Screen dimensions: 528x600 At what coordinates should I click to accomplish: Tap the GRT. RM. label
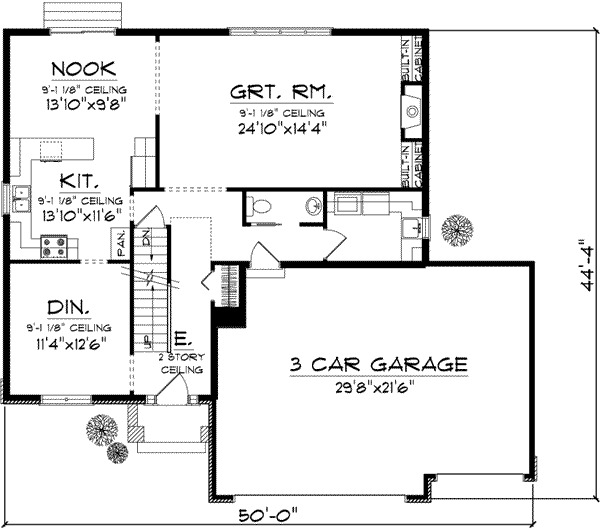pos(282,93)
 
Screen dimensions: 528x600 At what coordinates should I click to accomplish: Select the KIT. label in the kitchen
pos(77,181)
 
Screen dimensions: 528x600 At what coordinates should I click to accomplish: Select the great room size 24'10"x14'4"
pos(283,128)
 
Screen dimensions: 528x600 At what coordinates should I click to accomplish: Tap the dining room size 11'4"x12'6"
pos(68,343)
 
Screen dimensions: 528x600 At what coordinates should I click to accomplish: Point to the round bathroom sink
pos(312,207)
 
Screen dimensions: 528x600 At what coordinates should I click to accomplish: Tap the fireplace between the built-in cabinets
pos(412,112)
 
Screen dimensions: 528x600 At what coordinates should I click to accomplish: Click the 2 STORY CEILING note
pos(182,362)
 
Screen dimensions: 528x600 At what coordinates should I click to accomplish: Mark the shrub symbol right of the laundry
pos(459,231)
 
